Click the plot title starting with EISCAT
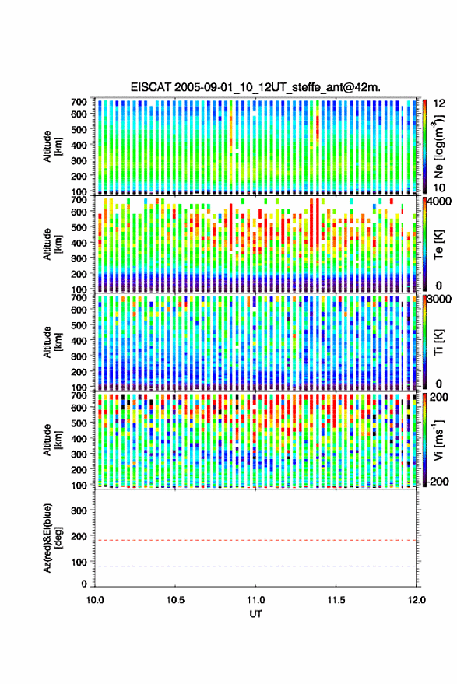[x=255, y=87]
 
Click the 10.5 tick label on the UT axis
[x=175, y=600]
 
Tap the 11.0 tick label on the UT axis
[x=255, y=600]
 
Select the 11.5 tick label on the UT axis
[x=336, y=600]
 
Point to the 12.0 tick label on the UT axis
[x=416, y=600]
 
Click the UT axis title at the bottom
[x=255, y=614]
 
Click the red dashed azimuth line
[x=255, y=540]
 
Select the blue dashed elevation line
[x=255, y=566]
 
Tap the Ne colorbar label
[x=438, y=146]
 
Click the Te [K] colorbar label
[x=438, y=244]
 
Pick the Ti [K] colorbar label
[x=438, y=342]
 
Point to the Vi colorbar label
[x=438, y=440]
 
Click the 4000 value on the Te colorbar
[x=440, y=202]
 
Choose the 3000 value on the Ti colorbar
[x=440, y=300]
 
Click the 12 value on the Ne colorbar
[x=439, y=103]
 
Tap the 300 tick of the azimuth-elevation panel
[x=79, y=510]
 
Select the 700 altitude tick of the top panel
[x=79, y=102]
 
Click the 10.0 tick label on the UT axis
[x=95, y=600]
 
